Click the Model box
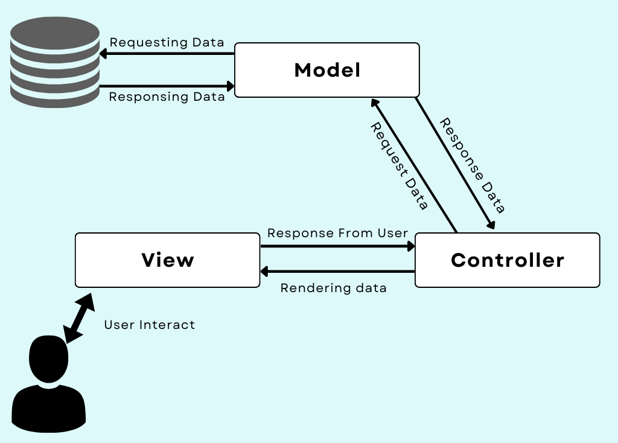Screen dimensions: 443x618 coord(327,70)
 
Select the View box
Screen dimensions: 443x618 coord(167,260)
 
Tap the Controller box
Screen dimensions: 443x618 coord(507,260)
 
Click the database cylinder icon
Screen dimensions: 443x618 coord(55,62)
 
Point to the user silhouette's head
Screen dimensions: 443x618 coord(49,359)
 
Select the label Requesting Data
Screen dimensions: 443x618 coord(167,43)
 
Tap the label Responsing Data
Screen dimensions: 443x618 coord(167,97)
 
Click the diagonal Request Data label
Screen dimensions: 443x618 coord(398,166)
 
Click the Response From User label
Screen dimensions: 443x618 coord(337,233)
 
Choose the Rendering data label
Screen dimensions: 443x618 coord(333,288)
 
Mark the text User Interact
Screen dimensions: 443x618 coord(149,325)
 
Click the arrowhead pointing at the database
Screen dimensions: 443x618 coord(103,54)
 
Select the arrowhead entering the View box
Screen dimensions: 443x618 coord(264,272)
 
